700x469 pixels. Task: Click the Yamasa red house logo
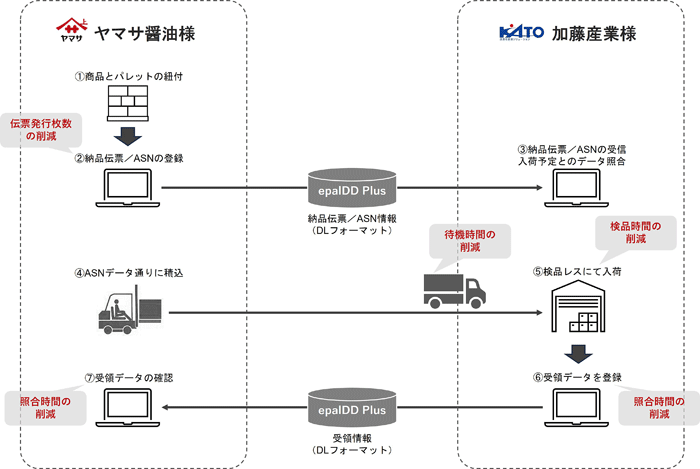[x=71, y=29]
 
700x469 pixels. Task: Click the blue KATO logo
[x=521, y=33]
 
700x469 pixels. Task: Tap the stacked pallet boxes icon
[x=128, y=104]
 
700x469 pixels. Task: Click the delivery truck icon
[x=454, y=291]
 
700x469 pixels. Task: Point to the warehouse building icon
[x=578, y=309]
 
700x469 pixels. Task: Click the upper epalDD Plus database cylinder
[x=352, y=188]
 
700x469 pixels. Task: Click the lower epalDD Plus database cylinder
[x=352, y=407]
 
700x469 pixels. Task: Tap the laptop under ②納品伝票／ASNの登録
[x=128, y=188]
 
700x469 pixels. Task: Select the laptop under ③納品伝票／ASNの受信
[x=576, y=188]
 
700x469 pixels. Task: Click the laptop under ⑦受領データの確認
[x=128, y=408]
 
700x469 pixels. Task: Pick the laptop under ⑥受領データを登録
[x=576, y=408]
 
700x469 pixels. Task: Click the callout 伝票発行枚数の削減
[x=41, y=130]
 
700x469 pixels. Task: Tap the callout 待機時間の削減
[x=470, y=241]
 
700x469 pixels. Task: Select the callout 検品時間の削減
[x=636, y=232]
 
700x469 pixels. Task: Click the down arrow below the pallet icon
[x=128, y=136]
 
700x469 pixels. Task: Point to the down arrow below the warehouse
[x=578, y=354]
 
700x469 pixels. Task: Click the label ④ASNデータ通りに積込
[x=129, y=273]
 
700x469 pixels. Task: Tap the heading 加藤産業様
[x=594, y=33]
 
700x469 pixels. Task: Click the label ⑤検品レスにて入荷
[x=577, y=271]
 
